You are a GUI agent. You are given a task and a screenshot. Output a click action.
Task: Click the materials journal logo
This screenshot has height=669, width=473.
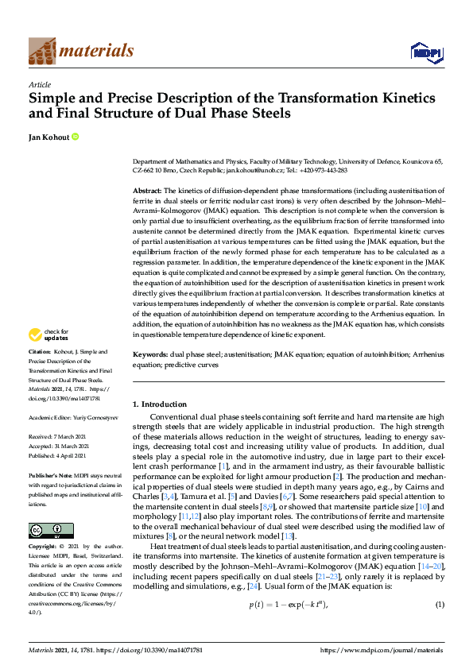coord(81,51)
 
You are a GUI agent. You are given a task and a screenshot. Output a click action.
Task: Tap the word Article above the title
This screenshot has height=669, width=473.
coord(40,84)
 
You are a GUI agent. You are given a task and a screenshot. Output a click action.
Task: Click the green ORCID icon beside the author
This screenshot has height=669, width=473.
coord(76,137)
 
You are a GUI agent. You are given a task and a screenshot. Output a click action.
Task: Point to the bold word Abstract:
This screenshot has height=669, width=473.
coord(147,191)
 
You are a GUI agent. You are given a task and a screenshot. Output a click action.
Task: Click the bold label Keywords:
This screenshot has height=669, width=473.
coord(150,375)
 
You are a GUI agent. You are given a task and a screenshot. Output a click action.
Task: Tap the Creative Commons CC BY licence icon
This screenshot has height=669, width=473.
coord(40,530)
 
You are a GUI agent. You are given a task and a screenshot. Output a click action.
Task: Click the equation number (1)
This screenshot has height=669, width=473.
coord(439,605)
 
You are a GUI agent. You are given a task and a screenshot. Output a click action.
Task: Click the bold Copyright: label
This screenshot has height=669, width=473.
coord(43,547)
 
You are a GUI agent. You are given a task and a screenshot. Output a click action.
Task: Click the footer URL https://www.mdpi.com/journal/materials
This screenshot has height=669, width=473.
coord(381,649)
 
